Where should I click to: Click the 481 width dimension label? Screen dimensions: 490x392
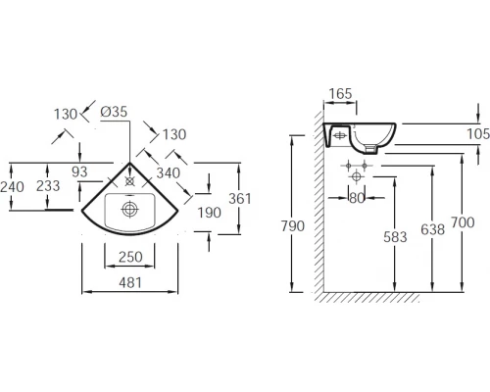point(130,282)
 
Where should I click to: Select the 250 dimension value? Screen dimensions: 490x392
point(130,257)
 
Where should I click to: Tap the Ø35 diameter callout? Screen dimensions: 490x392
point(114,112)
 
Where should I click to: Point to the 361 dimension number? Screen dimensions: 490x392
point(240,199)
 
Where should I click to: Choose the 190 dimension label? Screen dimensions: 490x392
point(210,213)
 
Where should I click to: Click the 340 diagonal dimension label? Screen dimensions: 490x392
point(169,173)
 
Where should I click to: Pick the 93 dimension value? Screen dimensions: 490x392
point(79,171)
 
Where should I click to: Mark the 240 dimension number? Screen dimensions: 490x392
point(12,187)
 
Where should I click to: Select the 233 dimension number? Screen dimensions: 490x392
point(48,186)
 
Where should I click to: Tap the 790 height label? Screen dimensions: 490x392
point(293,226)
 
